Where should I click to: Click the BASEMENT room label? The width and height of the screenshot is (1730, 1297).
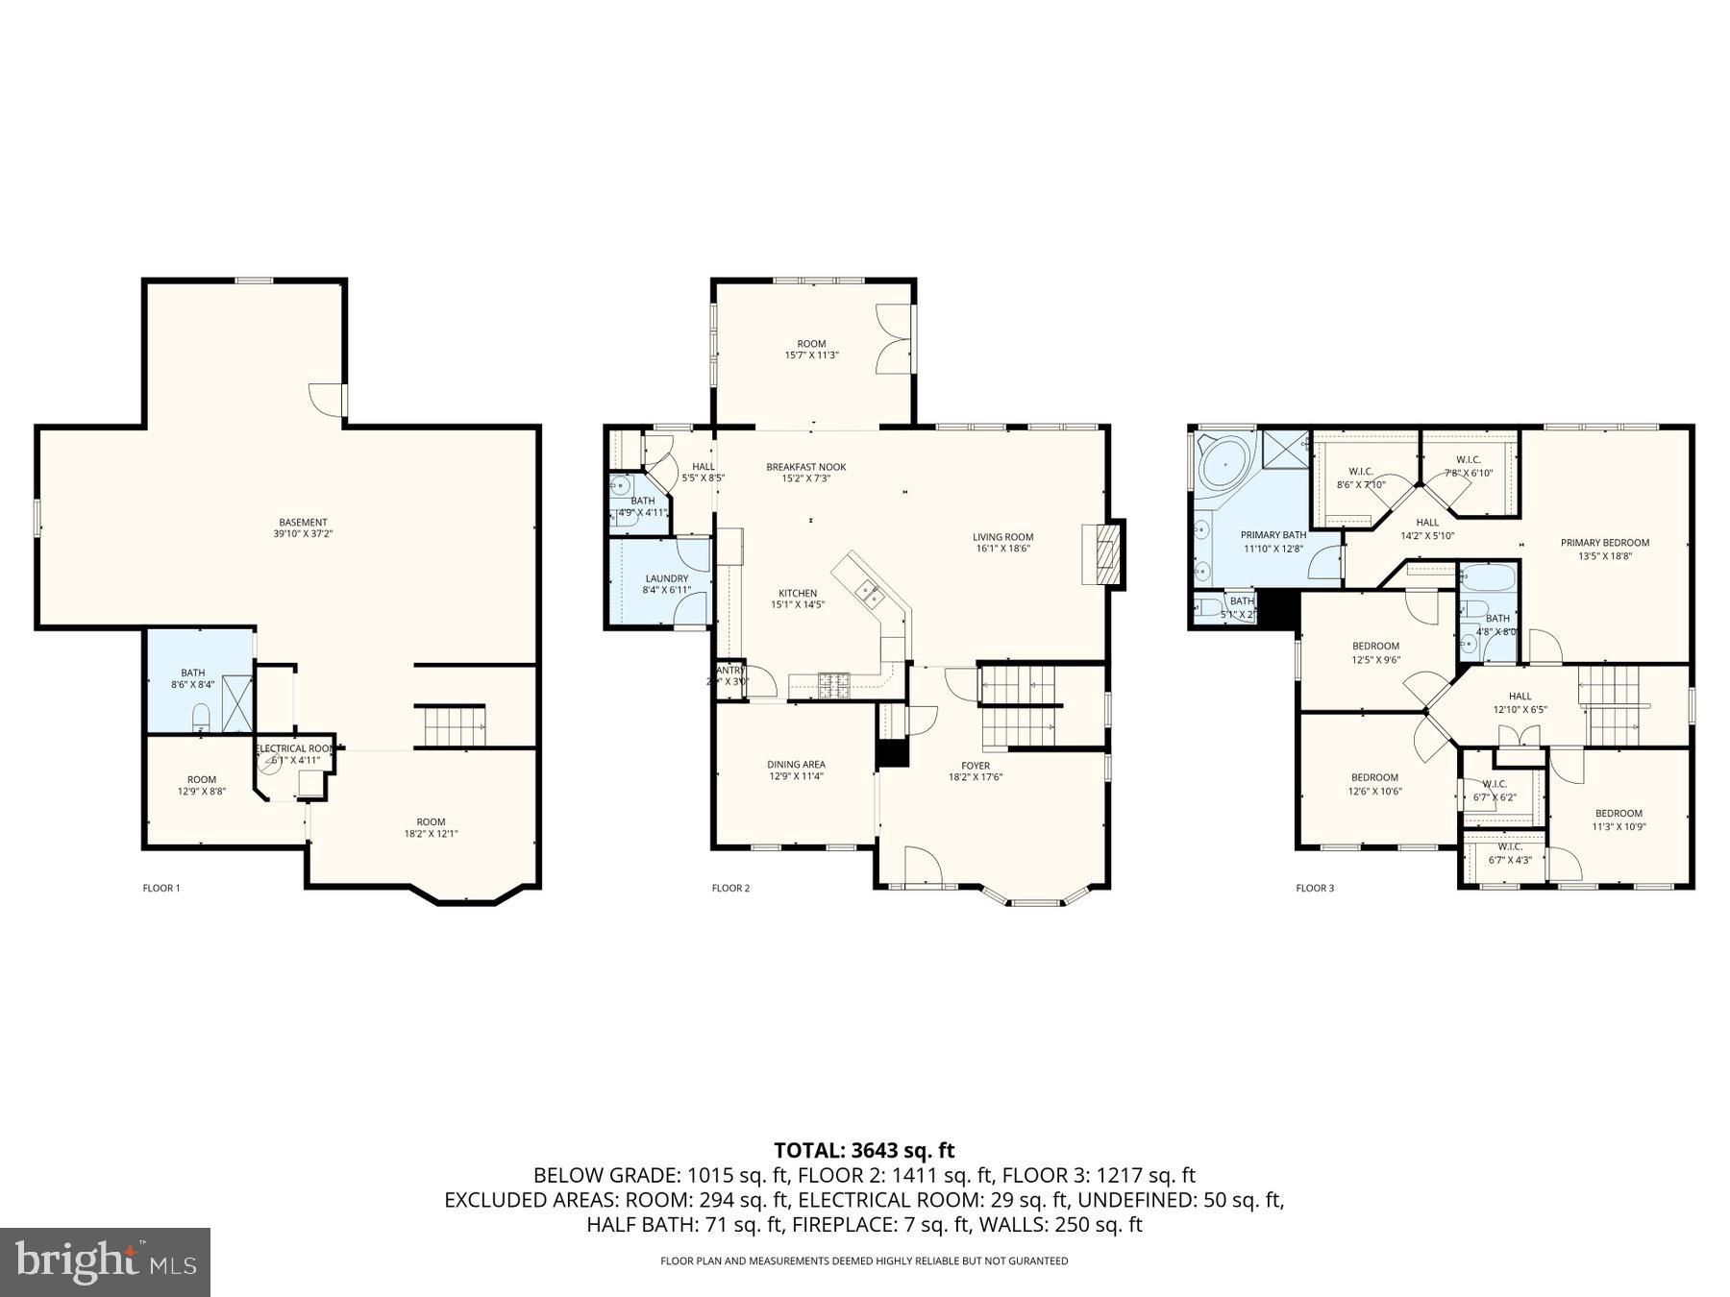tap(303, 523)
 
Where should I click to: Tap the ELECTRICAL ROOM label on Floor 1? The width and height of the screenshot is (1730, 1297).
tap(295, 748)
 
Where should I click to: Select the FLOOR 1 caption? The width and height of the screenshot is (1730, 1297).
tap(161, 888)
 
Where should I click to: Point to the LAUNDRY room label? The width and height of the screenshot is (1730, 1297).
tap(666, 578)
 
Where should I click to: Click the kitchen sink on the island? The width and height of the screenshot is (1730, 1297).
tap(872, 596)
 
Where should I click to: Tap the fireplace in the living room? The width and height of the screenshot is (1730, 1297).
tap(1104, 552)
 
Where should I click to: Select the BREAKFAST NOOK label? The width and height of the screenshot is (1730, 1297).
tap(805, 467)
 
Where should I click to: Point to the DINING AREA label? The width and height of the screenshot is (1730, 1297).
tap(796, 765)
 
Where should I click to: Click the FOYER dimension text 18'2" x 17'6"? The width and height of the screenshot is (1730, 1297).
tap(976, 777)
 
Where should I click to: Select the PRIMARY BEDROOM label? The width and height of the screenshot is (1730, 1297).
tap(1604, 543)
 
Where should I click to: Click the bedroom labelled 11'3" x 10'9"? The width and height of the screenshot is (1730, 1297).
tap(1619, 819)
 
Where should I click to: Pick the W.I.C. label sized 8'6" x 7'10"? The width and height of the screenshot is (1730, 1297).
tap(1361, 477)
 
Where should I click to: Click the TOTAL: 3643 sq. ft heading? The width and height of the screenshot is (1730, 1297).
tap(864, 1150)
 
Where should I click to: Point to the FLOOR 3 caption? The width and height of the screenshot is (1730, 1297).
tap(1314, 888)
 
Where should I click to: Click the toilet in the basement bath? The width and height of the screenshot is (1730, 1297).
tap(201, 716)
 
